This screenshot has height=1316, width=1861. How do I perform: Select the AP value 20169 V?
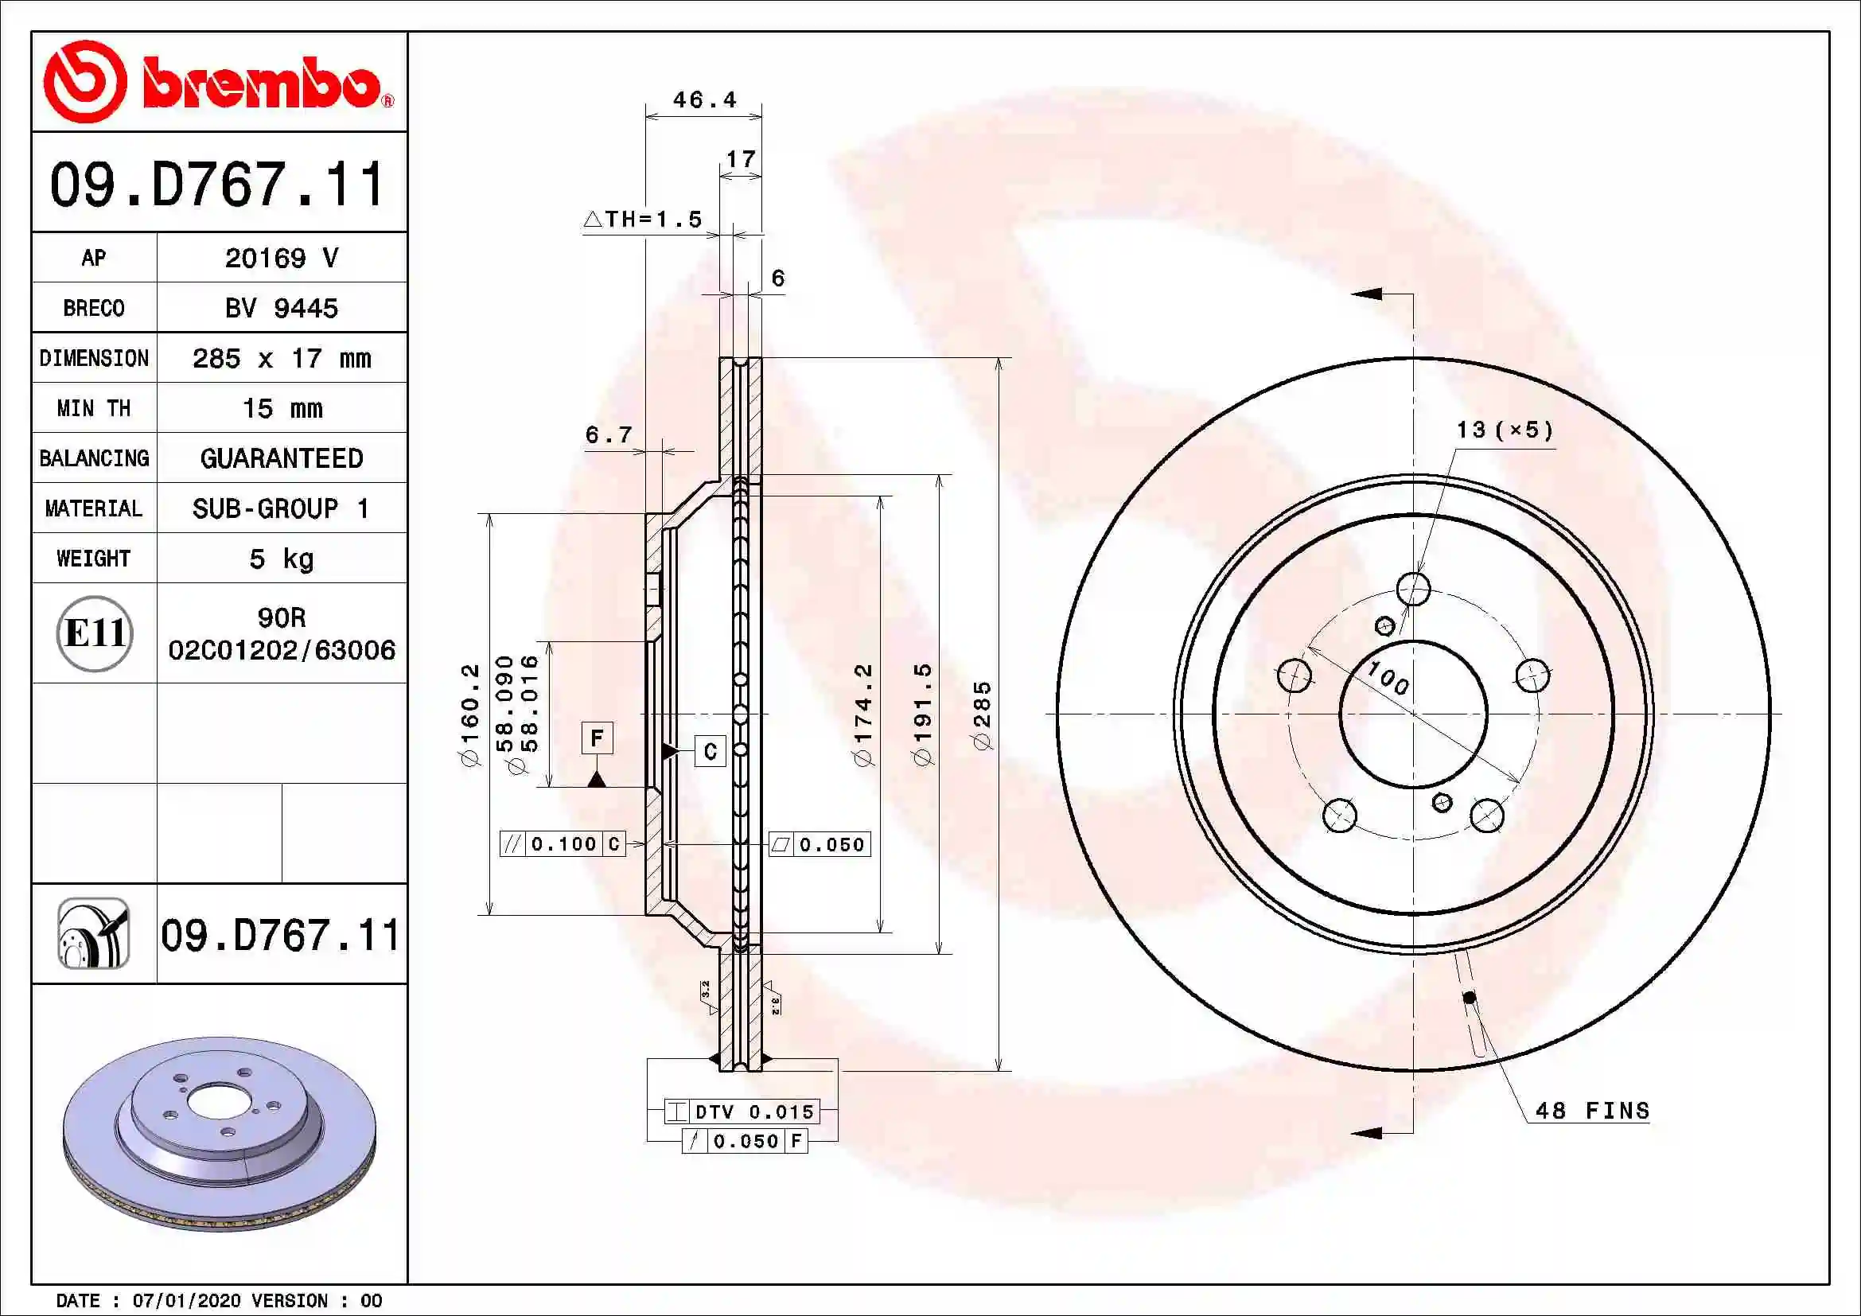(x=281, y=258)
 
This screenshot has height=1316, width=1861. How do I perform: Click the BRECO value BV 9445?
(x=281, y=308)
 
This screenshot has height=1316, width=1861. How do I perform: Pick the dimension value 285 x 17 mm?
(x=281, y=358)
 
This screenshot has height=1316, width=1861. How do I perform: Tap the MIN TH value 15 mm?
(x=281, y=408)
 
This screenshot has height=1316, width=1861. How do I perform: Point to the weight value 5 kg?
(x=281, y=559)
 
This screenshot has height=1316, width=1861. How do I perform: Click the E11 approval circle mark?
(x=94, y=633)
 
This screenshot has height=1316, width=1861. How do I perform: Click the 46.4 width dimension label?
(x=704, y=99)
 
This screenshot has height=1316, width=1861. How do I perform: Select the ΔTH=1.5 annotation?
(x=643, y=219)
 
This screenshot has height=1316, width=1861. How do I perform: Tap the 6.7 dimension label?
(x=608, y=435)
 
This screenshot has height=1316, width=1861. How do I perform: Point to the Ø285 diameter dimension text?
(x=982, y=714)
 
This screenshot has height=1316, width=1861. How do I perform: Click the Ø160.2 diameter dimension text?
(x=470, y=714)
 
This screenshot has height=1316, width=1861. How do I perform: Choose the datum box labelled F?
(x=597, y=738)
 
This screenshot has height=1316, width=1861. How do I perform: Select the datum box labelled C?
(x=710, y=751)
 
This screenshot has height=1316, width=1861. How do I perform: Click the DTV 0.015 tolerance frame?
(x=742, y=1112)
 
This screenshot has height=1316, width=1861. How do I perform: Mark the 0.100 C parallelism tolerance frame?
(x=563, y=844)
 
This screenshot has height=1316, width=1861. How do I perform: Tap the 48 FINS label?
(x=1592, y=1110)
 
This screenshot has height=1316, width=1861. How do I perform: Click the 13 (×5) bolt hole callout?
(x=1505, y=430)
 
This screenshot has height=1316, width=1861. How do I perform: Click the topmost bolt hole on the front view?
(x=1414, y=589)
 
